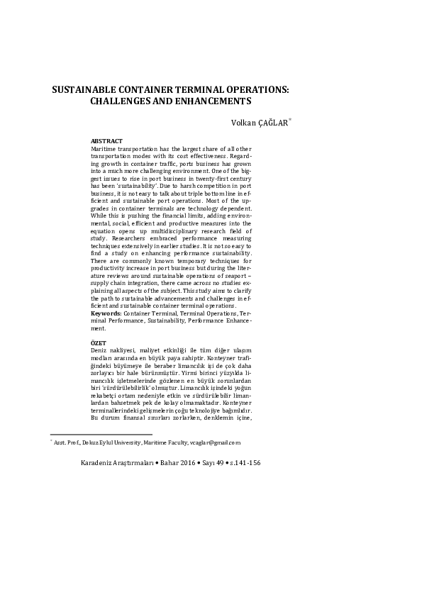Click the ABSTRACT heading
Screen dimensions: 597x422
107,141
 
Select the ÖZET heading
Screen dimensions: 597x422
99,342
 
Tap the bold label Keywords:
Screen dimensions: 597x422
106,312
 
